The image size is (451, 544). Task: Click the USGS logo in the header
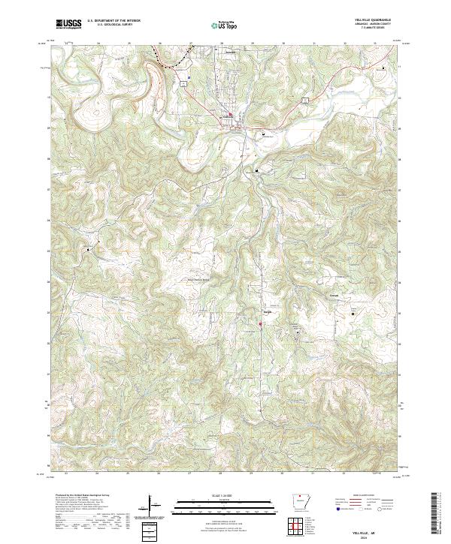(68, 24)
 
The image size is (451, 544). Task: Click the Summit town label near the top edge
(231, 53)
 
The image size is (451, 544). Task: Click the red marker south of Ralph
(261, 324)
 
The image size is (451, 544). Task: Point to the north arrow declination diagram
(150, 506)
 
